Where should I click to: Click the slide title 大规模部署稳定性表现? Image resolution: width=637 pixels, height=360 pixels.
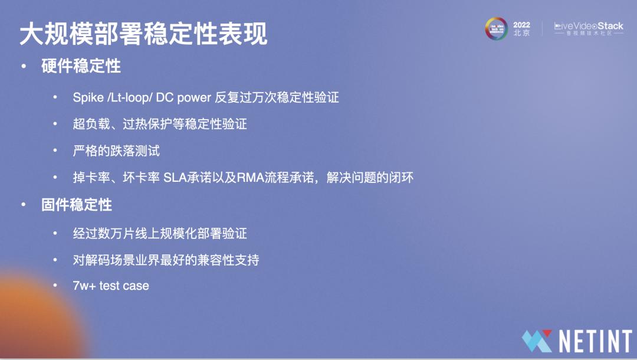(143, 34)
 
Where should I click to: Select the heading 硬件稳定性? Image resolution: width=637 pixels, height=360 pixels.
(81, 66)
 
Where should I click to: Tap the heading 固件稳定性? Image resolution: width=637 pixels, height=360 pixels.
(77, 205)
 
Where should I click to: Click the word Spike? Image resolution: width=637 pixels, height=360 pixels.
(88, 98)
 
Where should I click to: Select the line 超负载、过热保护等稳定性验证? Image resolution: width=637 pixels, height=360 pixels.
(159, 125)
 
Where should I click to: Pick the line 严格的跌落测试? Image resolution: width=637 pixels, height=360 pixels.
(116, 151)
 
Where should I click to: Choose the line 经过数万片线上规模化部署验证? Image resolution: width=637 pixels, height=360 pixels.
(159, 233)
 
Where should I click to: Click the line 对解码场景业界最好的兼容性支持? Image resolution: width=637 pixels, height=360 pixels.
(166, 260)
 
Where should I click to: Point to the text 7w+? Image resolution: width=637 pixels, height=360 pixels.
(84, 286)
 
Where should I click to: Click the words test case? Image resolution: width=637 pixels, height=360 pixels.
(124, 286)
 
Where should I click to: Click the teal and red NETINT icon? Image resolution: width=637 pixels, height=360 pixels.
(537, 341)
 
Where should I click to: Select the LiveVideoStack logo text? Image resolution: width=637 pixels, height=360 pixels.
(589, 27)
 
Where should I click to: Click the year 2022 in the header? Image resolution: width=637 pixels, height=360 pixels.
(521, 25)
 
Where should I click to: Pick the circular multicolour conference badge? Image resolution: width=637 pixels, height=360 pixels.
(496, 28)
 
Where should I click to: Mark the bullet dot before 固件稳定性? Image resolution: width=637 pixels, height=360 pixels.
(24, 205)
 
